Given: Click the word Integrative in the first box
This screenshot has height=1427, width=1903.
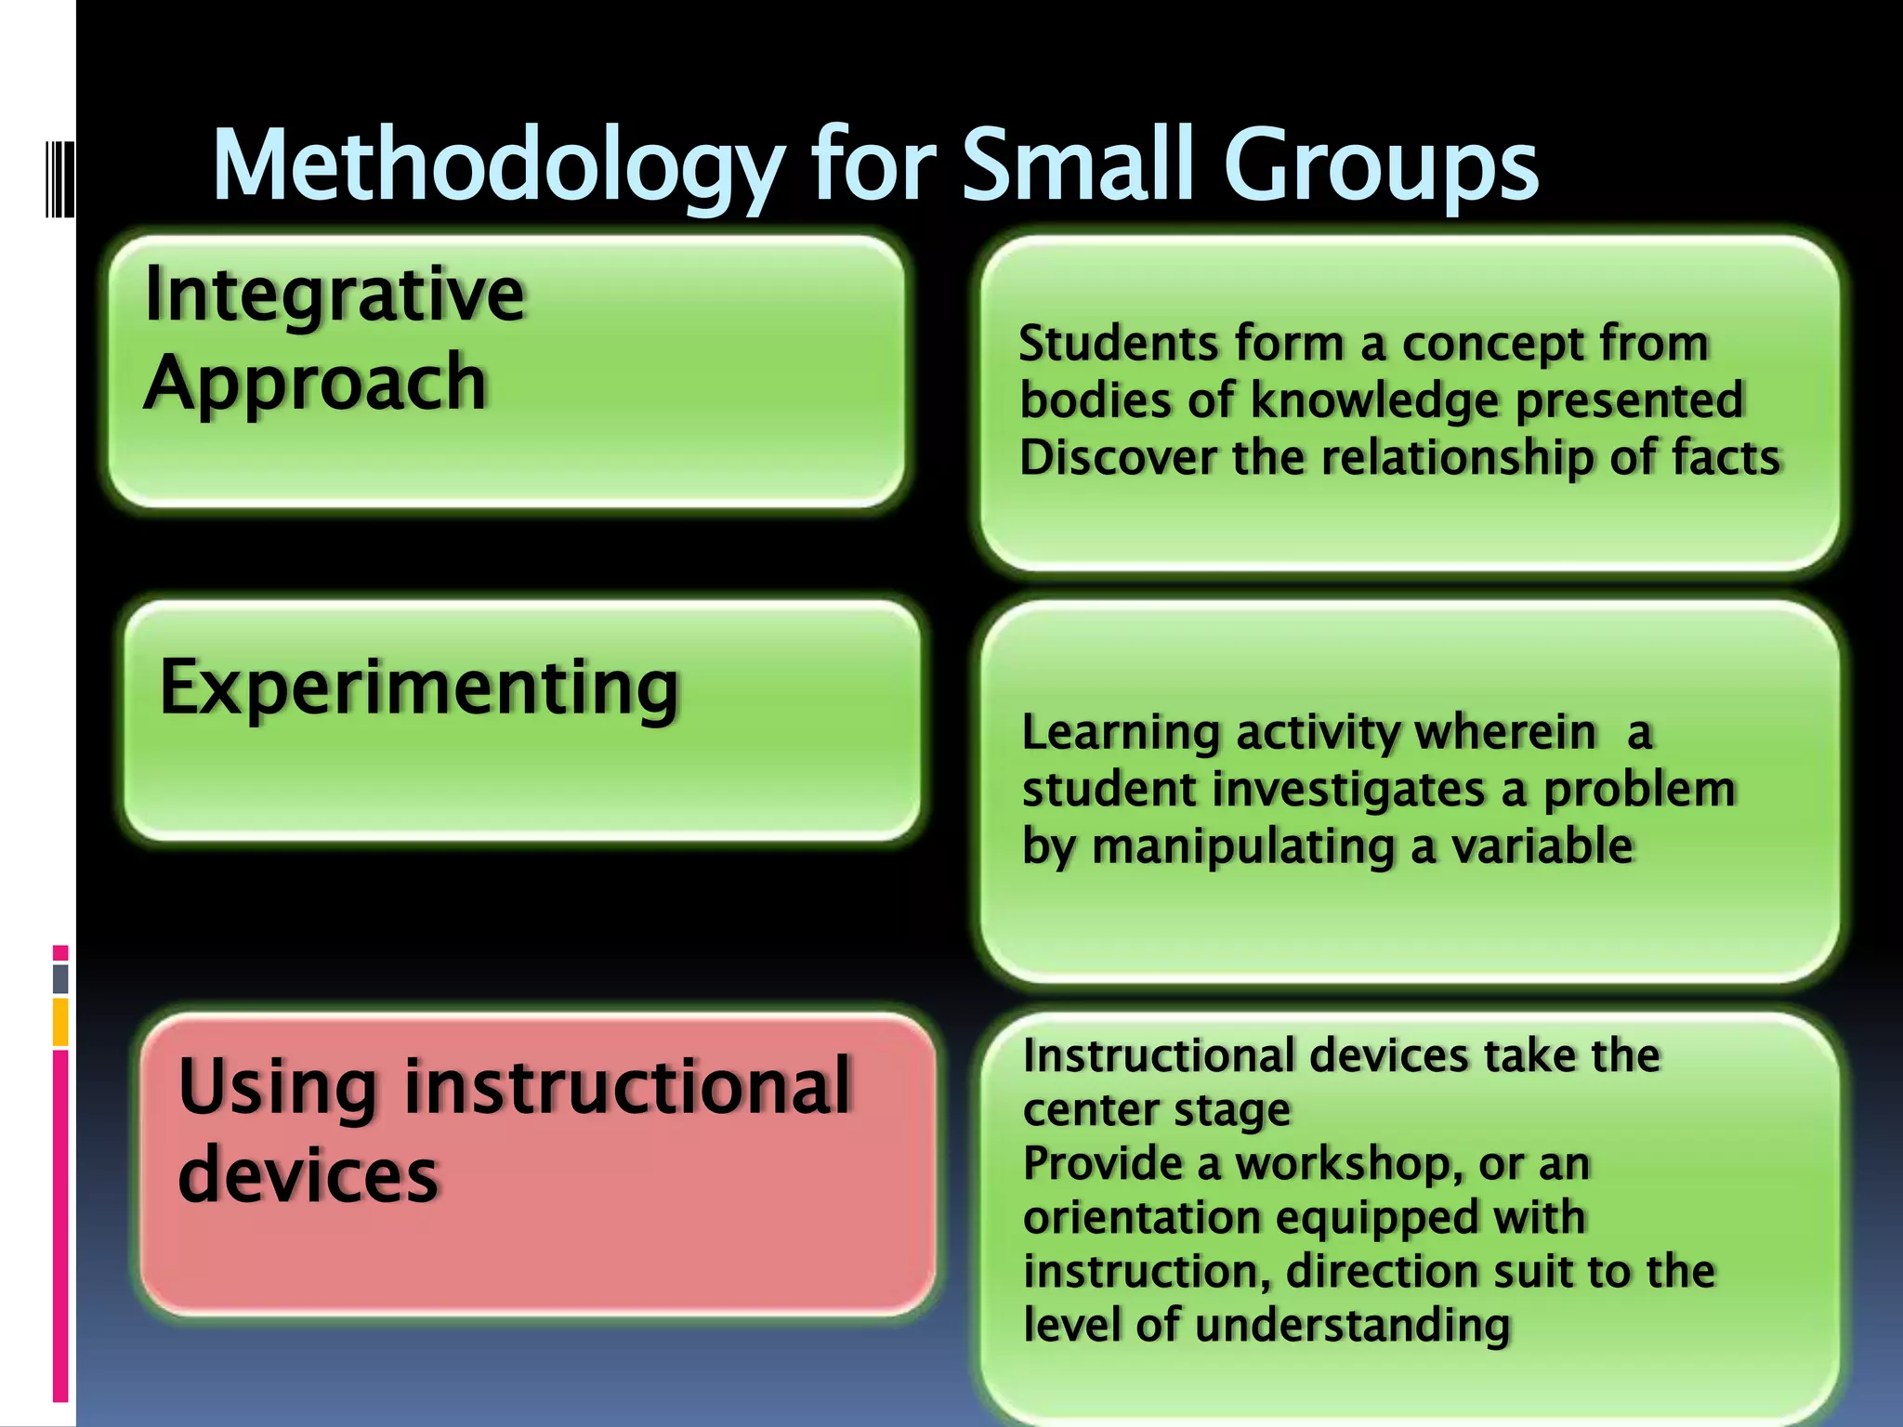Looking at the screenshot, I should [x=335, y=295].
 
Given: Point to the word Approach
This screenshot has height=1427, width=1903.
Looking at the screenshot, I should [x=316, y=383].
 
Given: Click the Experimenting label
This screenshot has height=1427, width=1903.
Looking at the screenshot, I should [x=420, y=688].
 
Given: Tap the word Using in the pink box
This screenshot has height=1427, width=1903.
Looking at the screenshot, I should [x=278, y=1087].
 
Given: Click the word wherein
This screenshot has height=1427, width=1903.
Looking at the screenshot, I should [x=1505, y=732].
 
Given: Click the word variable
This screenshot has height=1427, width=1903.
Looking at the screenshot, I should [x=1542, y=846].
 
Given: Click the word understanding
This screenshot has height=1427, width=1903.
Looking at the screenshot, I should [x=1352, y=1325].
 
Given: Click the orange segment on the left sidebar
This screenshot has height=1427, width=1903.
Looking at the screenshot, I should [x=60, y=1022].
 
